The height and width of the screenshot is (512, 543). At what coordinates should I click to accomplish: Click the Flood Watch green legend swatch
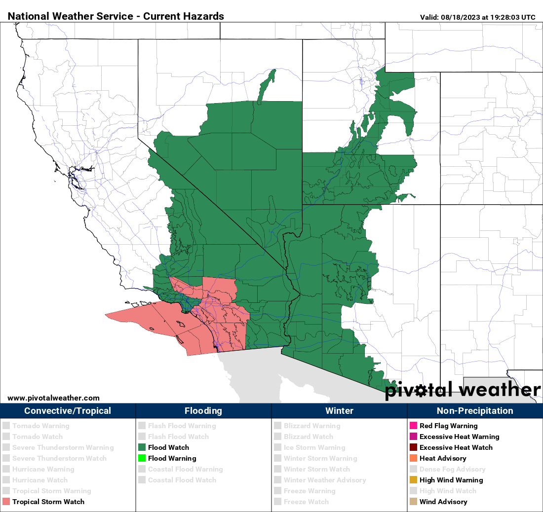142,447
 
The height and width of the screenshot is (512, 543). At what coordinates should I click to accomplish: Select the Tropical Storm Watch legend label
48,502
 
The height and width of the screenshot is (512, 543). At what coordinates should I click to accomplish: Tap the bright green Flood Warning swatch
142,458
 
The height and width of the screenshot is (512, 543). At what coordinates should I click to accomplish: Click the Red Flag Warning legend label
448,426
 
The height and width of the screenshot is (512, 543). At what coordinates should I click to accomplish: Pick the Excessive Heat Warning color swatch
413,437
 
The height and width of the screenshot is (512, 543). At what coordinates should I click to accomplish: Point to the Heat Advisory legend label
443,458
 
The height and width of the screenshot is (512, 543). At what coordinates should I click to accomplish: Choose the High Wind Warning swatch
413,480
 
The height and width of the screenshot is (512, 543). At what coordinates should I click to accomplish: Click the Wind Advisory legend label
443,502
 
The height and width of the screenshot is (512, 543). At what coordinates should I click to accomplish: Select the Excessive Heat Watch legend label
456,447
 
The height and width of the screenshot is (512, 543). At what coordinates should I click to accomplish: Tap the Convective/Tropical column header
68,411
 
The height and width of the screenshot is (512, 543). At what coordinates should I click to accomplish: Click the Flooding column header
203,411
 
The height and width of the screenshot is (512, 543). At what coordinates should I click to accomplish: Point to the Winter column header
339,411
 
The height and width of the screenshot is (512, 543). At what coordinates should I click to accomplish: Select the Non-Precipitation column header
475,411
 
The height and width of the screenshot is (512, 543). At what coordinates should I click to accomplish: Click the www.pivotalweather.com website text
53,398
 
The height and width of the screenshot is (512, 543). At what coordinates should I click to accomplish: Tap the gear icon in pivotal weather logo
420,391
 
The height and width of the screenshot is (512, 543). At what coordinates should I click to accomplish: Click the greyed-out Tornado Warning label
41,426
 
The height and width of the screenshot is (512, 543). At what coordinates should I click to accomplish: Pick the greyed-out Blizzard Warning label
312,426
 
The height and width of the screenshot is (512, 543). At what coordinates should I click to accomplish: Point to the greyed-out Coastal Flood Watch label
182,480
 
